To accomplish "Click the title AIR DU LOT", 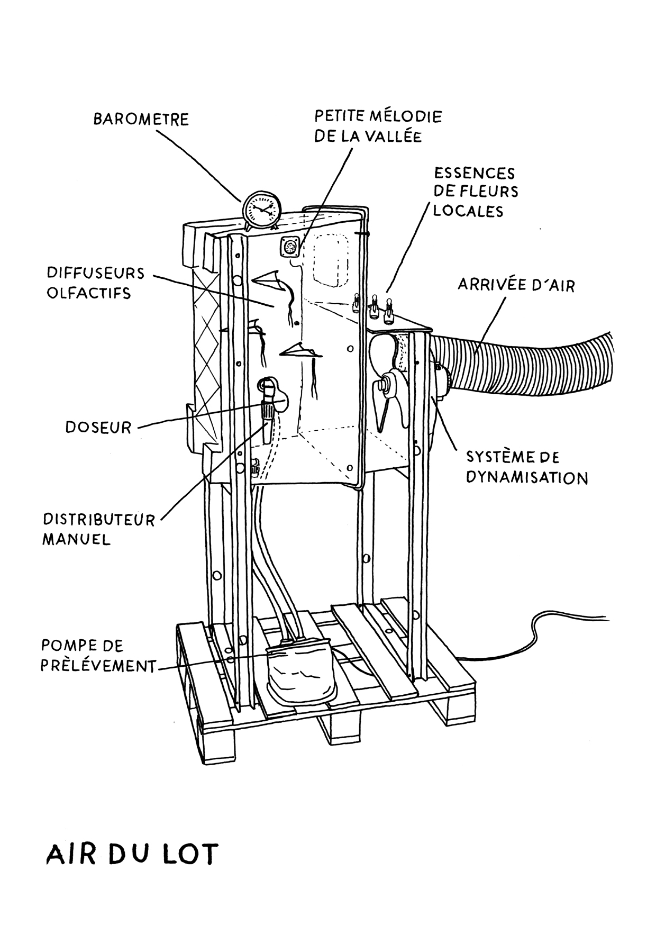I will [132, 853].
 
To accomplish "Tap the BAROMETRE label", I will [141, 119].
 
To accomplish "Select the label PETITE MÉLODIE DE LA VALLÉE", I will [377, 126].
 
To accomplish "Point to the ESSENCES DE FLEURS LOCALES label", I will [475, 192].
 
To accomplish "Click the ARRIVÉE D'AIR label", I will [516, 285].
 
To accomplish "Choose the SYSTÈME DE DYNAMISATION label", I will [526, 467].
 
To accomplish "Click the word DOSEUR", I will [98, 428].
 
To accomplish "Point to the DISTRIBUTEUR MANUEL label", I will [98, 529].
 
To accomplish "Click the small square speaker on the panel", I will [290, 247].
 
